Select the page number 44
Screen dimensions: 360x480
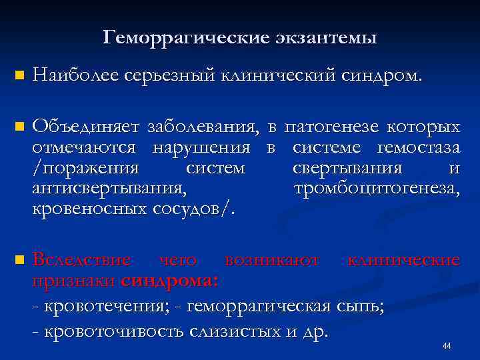click(x=447, y=346)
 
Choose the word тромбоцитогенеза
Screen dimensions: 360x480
click(x=377, y=189)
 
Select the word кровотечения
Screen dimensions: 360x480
click(x=111, y=307)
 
